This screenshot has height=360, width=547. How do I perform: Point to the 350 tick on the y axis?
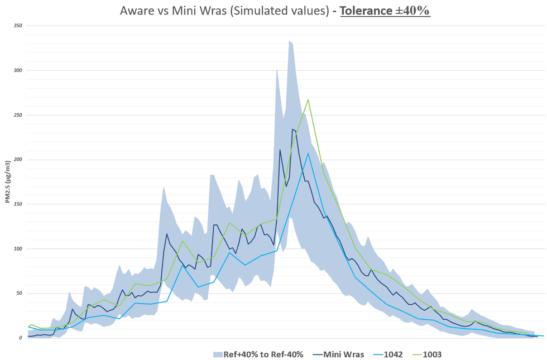click(x=18, y=26)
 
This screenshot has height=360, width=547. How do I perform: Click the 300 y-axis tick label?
click(x=18, y=70)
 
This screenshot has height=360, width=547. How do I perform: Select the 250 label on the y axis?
click(x=18, y=115)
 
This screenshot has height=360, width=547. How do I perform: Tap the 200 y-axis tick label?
click(x=18, y=160)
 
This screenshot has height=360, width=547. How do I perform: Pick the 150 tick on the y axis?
click(x=18, y=204)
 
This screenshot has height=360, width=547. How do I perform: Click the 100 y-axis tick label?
click(x=18, y=249)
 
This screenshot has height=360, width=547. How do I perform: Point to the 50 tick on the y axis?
click(x=19, y=294)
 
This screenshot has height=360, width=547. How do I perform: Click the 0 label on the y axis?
click(x=21, y=338)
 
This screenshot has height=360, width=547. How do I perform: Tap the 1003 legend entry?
click(x=434, y=354)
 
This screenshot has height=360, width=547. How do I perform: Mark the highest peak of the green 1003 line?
click(x=308, y=100)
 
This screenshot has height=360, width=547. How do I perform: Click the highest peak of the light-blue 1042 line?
click(x=308, y=153)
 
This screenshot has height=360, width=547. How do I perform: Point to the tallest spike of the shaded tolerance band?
click(x=289, y=41)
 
